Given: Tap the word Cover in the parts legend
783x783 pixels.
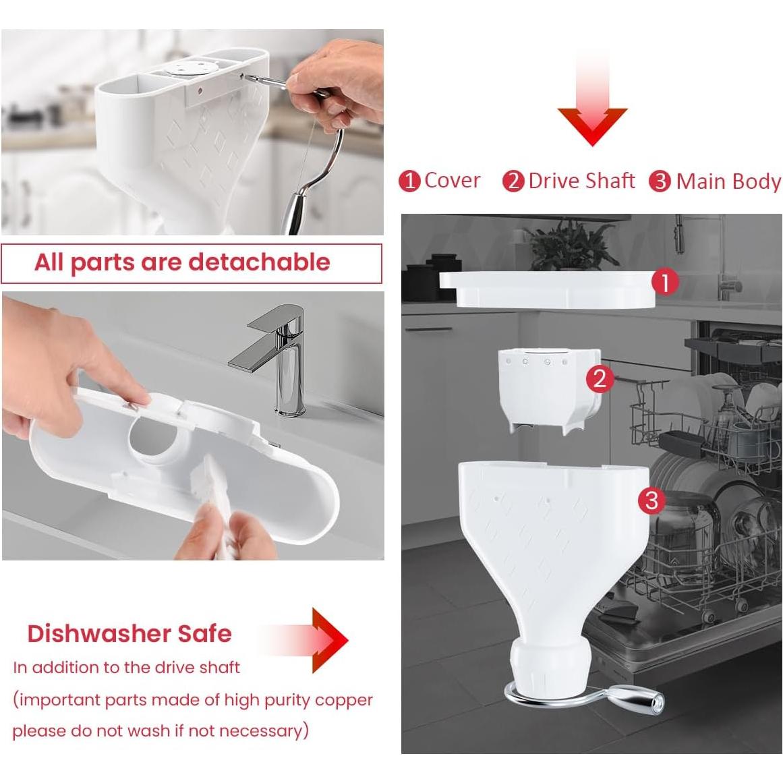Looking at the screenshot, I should tap(452, 181).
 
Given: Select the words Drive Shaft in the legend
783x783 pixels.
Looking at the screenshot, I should tap(581, 181).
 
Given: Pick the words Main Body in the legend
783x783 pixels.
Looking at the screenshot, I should tap(728, 181).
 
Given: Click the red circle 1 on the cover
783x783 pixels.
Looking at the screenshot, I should tap(665, 283).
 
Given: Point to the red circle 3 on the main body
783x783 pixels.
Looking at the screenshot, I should tap(651, 500).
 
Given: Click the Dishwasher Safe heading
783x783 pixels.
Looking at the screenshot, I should tap(129, 633).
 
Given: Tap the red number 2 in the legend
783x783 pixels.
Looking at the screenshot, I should tap(513, 181).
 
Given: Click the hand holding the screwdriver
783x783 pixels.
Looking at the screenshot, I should tap(337, 81).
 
